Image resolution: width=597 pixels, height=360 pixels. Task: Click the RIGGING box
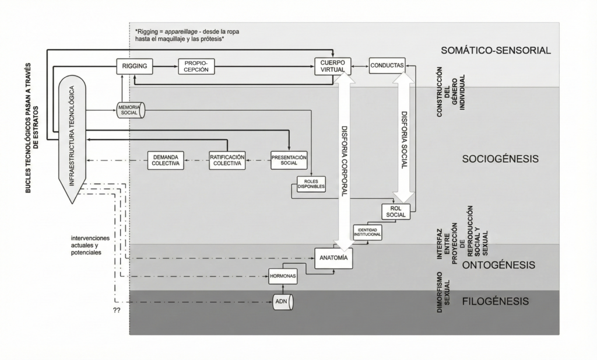(135, 67)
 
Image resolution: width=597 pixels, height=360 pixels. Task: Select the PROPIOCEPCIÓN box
(196, 67)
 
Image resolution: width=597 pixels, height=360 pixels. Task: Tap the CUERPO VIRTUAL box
(332, 66)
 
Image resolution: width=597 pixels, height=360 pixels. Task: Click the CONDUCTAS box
(387, 66)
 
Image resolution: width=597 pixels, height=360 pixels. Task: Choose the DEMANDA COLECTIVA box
(166, 160)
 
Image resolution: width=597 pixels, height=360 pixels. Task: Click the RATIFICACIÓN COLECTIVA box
(227, 160)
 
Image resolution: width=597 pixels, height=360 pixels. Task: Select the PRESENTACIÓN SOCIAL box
(289, 160)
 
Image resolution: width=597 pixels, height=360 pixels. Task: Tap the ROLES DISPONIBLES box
(311, 184)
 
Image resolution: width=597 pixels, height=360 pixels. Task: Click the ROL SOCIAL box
(396, 211)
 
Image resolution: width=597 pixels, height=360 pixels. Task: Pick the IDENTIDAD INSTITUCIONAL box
(367, 232)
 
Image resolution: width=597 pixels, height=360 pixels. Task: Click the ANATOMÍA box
(333, 258)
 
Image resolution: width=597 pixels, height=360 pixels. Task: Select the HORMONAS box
(283, 276)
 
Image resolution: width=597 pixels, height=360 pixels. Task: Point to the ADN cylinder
(283, 302)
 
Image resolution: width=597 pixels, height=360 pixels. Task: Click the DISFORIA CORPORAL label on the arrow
(344, 160)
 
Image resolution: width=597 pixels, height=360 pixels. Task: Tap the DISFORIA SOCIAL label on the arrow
(403, 140)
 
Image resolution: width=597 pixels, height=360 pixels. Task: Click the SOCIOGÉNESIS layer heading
(500, 159)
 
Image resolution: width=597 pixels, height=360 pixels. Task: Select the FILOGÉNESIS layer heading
(495, 302)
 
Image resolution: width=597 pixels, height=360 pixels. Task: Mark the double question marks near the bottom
(116, 310)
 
